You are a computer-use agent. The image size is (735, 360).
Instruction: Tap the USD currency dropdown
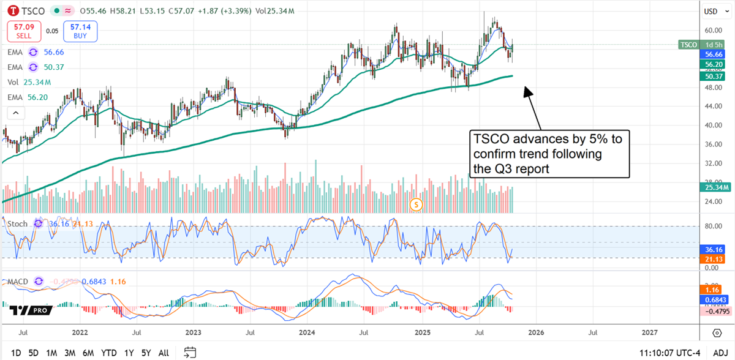(710, 11)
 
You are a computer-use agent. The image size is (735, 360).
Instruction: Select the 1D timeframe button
(17, 353)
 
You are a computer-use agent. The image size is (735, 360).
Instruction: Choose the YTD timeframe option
(110, 353)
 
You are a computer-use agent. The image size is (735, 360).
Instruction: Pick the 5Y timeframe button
(146, 353)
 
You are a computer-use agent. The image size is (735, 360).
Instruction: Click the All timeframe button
(164, 353)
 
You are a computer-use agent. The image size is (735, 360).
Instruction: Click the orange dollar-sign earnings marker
(417, 204)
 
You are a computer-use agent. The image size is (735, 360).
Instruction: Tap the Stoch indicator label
(17, 224)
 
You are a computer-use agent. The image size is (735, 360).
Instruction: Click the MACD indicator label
(18, 282)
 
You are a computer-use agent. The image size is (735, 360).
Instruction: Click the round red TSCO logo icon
(11, 11)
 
